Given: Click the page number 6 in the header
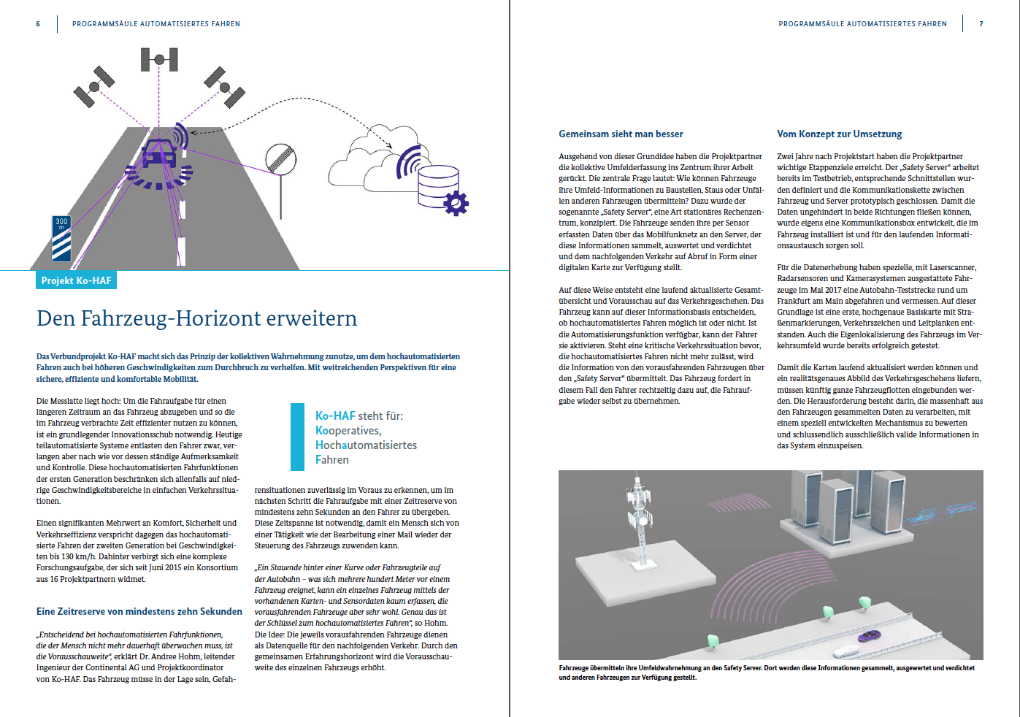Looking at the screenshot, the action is click(x=38, y=23).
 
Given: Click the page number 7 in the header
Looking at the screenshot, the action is click(x=981, y=23).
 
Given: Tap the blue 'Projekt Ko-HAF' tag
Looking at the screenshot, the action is click(x=76, y=280).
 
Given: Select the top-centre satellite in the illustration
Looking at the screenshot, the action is click(x=159, y=60).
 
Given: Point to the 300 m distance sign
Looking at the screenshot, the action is click(x=61, y=239).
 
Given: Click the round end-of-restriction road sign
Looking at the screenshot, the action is click(x=281, y=159).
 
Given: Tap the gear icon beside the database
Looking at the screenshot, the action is click(x=456, y=204).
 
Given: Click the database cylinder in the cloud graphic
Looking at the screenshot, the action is click(x=437, y=187).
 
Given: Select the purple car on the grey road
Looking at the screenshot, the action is click(x=159, y=154).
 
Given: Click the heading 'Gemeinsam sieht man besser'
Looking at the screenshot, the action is click(x=621, y=134).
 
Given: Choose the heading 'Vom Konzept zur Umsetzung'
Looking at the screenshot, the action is click(x=839, y=134).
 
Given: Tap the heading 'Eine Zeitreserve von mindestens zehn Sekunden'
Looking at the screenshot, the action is click(x=139, y=611).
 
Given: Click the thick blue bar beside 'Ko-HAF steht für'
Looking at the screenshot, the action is click(x=297, y=437).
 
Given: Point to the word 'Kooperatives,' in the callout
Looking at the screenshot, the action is click(x=348, y=430).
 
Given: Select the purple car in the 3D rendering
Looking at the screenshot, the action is click(x=869, y=635).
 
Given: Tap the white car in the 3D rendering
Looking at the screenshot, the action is click(x=846, y=652).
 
